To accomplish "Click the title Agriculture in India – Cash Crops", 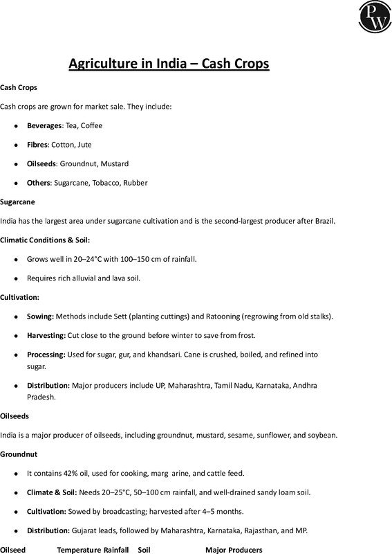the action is click(169, 64).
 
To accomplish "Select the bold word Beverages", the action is click(44, 125).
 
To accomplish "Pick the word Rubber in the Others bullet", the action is click(136, 183).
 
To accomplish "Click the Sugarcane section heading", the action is click(17, 202).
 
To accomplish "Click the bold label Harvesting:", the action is click(46, 335).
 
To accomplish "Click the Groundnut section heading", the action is click(18, 454).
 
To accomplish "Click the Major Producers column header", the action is click(234, 550).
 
